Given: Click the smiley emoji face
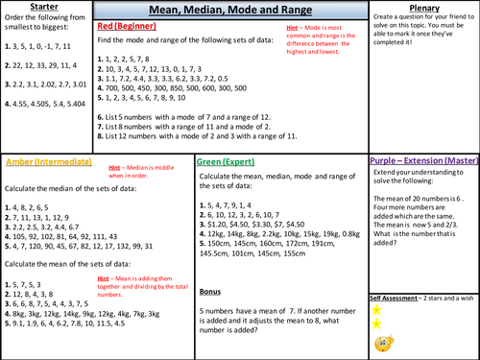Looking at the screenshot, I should (x=380, y=341).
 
